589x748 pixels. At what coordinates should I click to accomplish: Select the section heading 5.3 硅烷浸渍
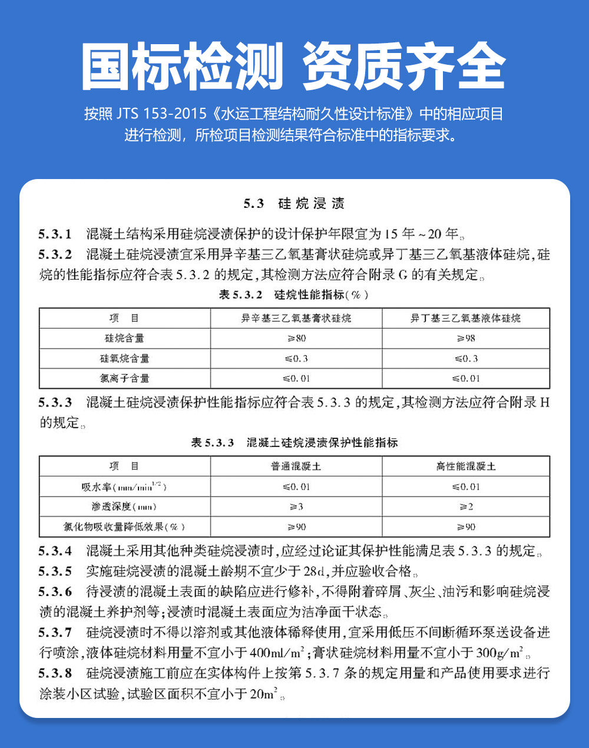(294, 204)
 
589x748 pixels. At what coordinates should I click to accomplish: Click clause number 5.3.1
(55, 234)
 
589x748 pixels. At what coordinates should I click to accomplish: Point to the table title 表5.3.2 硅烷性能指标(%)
(294, 294)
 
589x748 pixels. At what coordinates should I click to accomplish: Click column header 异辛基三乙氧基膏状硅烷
(296, 318)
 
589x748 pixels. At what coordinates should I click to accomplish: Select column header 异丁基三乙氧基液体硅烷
(465, 318)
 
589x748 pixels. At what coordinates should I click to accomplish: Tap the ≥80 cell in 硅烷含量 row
(296, 338)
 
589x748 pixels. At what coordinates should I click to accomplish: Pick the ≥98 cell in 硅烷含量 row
(465, 338)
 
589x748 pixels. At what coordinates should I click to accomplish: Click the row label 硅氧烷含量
(125, 358)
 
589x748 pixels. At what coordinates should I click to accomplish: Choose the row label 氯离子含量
(125, 378)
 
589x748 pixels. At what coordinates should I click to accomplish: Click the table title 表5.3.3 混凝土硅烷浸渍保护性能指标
(294, 442)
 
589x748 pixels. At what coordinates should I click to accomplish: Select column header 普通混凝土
(296, 466)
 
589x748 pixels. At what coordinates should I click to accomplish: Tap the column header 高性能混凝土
(465, 466)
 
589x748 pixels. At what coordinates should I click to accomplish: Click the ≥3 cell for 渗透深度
(296, 507)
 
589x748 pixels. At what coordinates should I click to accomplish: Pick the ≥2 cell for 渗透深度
(465, 507)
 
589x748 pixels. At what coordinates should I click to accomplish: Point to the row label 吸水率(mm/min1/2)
(125, 487)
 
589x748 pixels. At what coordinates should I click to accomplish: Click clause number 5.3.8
(55, 673)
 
